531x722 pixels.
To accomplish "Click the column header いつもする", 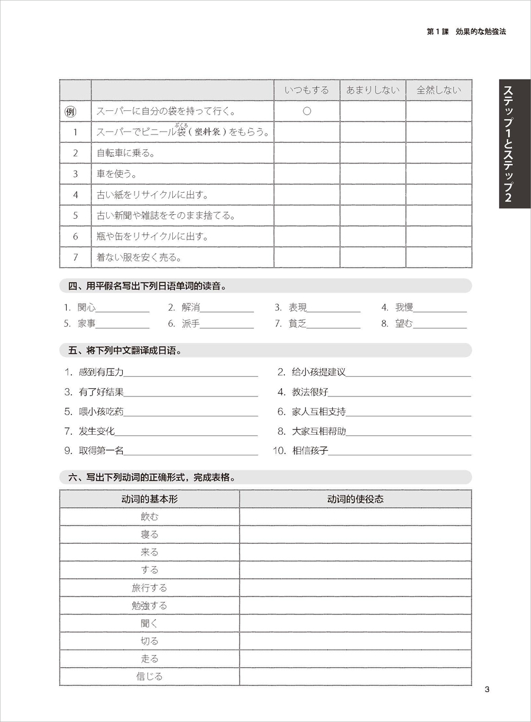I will click(307, 90).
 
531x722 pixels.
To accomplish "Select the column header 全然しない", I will click(438, 90).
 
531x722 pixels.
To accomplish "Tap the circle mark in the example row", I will click(307, 111).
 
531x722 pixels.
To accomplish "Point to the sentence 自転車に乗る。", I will click(126, 153).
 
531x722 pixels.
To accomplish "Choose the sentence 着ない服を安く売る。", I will click(139, 257).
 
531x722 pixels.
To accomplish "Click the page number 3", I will click(487, 690).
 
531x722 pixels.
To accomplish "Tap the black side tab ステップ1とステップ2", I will click(514, 143).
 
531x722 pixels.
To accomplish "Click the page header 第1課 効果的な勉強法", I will click(466, 31).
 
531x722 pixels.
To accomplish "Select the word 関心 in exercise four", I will click(86, 307).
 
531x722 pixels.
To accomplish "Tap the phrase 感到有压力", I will click(101, 372).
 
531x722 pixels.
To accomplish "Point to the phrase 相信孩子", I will click(310, 451).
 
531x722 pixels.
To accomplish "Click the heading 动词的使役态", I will click(355, 499).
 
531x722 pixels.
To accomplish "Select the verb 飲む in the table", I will click(149, 517).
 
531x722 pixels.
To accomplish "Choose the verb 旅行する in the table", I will click(149, 588).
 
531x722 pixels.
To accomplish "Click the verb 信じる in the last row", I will click(149, 677).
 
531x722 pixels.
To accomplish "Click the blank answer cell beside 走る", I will click(355, 659).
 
